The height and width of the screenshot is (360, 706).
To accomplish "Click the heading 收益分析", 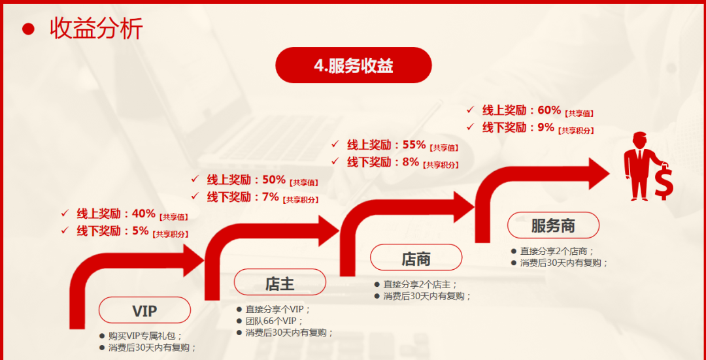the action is (96, 29).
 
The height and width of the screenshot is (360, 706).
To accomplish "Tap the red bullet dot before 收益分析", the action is (28, 29).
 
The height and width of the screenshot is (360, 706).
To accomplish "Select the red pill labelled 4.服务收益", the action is (354, 65).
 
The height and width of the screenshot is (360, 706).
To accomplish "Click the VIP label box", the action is (144, 310).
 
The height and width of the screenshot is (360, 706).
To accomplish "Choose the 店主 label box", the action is (280, 282).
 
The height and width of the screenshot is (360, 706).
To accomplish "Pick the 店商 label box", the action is (416, 257).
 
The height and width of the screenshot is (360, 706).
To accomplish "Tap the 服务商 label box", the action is (554, 225).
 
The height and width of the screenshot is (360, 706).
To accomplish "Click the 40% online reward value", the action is (144, 213).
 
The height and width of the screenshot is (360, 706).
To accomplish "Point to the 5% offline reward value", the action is (141, 231).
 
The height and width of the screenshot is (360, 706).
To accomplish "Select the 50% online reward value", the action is (274, 180).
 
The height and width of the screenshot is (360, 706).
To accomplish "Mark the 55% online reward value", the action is (414, 144).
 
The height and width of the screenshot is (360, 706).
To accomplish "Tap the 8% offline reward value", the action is (411, 161).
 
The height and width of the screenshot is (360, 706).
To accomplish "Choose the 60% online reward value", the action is (549, 110).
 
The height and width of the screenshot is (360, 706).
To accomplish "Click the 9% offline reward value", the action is (546, 127).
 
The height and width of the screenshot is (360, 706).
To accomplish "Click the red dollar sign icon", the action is (664, 182).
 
